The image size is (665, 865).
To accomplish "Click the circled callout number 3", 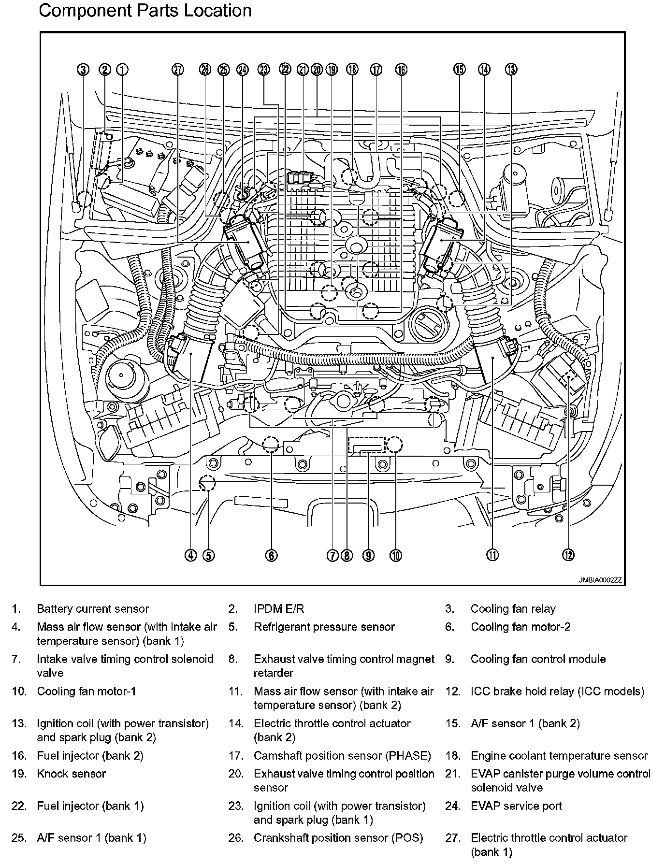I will click(x=84, y=70).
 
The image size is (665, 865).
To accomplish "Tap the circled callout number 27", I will click(x=178, y=70).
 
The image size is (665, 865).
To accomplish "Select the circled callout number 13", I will click(x=511, y=70).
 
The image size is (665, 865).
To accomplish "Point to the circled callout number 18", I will click(x=352, y=70).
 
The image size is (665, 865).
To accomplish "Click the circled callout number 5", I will click(x=208, y=556).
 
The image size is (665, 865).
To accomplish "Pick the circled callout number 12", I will click(x=568, y=556).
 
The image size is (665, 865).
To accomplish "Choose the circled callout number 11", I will click(x=492, y=556).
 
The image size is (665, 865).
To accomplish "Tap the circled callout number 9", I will click(x=368, y=556).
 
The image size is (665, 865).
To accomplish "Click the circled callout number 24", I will click(x=242, y=70).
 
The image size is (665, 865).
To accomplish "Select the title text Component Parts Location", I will click(x=145, y=11).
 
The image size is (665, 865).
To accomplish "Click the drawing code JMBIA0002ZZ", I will click(x=600, y=580).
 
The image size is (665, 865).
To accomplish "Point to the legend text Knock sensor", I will click(x=71, y=774).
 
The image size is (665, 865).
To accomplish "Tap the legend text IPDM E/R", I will click(x=279, y=609).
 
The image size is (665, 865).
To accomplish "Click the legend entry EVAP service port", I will click(x=516, y=806).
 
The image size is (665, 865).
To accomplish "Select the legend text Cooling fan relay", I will click(x=513, y=609).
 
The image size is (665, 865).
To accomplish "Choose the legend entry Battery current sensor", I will click(x=93, y=609).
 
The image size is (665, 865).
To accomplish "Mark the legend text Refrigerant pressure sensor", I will click(x=324, y=627).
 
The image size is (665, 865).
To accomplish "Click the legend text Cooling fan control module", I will click(x=538, y=659).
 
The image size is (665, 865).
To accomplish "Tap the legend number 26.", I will click(x=235, y=838).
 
